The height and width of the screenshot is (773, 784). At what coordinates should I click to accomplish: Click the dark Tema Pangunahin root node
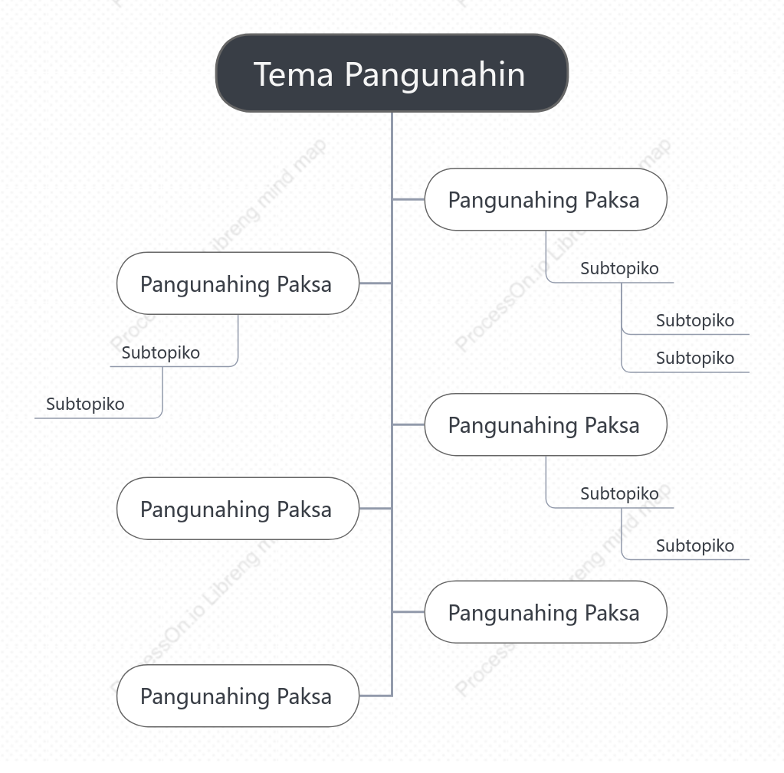coord(392,73)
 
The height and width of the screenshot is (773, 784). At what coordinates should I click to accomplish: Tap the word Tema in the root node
coord(293,74)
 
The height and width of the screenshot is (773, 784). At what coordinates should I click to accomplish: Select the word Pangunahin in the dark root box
coord(435,75)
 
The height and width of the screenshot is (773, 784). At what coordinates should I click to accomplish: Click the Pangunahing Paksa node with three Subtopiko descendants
coord(546,199)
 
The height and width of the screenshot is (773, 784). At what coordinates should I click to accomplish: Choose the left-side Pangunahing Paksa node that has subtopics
coord(238,283)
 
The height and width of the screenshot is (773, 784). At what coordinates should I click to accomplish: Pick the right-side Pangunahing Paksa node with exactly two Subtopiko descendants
coord(546,424)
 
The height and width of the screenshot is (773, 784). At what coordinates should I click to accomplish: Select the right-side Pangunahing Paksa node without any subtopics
coord(546,611)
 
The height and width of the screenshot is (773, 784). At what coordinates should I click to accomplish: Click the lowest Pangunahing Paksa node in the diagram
coord(238,696)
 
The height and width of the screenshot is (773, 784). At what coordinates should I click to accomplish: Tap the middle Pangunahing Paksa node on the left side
coord(238,508)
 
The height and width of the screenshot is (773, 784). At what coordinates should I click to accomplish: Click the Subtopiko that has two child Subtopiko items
coord(619,268)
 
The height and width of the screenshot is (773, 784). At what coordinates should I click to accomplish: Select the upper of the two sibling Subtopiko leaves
coord(695,320)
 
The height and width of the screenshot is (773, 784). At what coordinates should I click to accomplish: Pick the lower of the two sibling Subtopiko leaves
coord(695,358)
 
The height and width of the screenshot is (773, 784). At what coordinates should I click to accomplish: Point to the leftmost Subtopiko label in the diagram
coord(85,404)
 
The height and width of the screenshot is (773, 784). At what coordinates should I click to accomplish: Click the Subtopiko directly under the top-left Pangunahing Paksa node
coord(160,352)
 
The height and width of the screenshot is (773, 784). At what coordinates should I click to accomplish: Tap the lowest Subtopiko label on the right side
coord(695,545)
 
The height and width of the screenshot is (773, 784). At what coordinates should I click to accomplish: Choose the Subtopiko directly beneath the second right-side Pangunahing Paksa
coord(619,493)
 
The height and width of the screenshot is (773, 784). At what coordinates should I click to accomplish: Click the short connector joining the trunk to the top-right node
coord(408,199)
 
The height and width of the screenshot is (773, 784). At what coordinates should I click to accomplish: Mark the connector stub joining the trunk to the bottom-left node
coord(376,696)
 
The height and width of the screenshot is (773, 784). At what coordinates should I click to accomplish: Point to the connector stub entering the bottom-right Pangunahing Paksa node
coord(408,611)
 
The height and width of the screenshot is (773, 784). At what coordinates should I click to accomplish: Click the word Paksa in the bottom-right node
coord(612,613)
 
